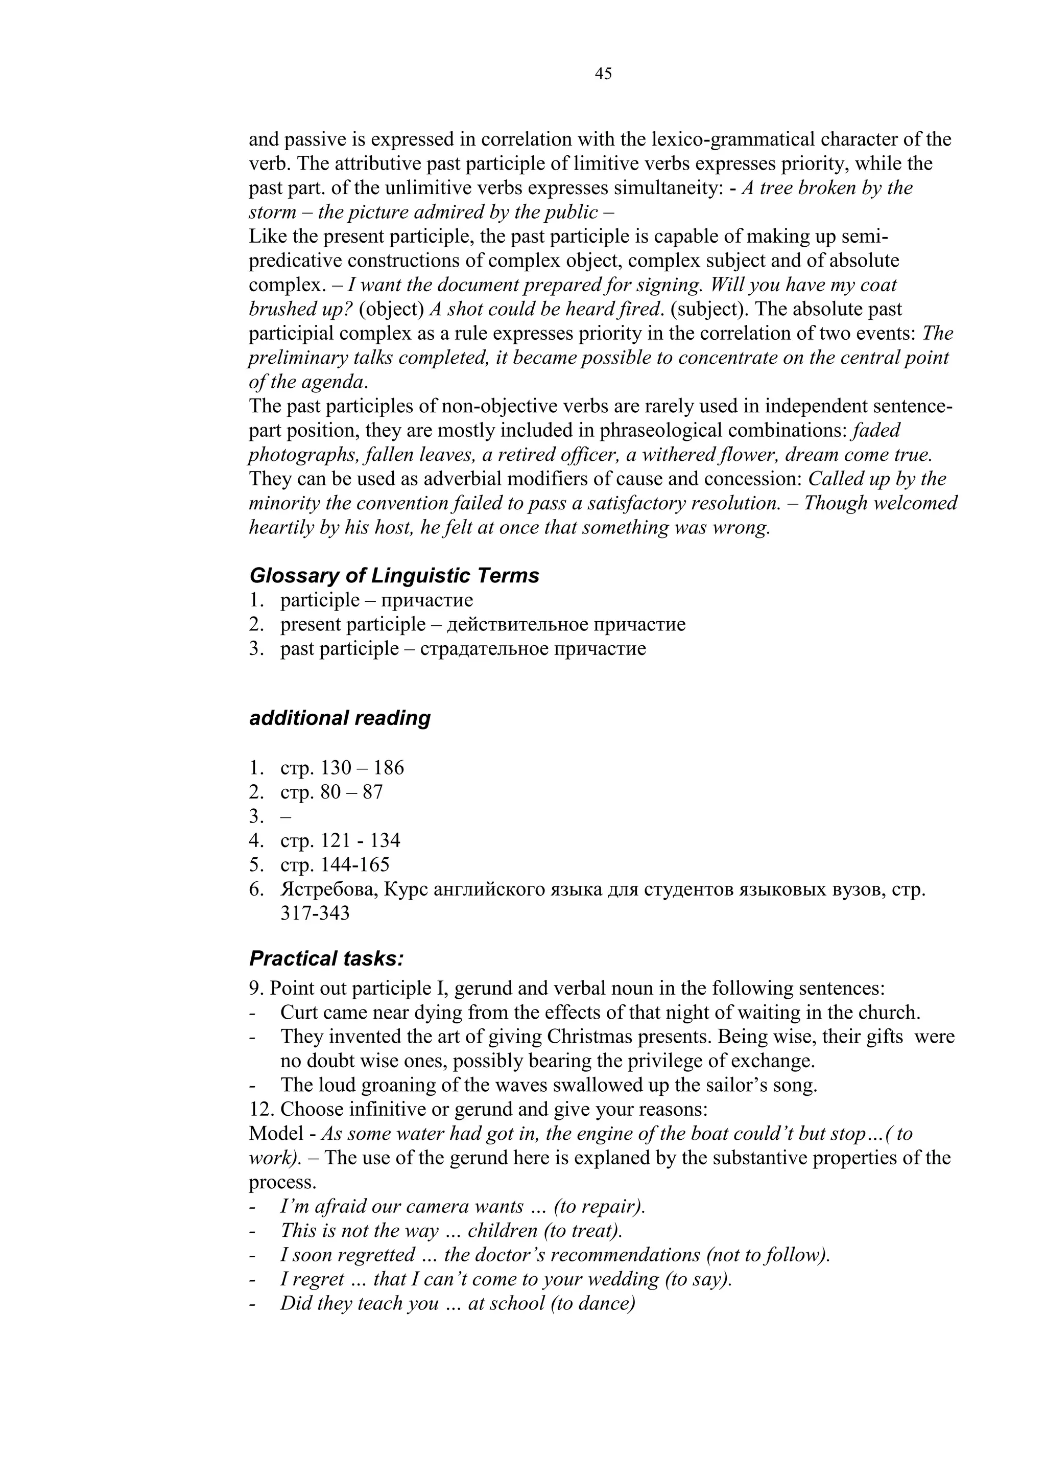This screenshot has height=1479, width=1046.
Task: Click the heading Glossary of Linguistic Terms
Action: pos(394,575)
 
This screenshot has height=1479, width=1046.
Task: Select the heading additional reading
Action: pos(340,718)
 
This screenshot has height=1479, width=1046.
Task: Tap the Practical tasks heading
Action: pos(326,958)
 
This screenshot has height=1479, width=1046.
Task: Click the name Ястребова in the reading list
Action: pos(328,889)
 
